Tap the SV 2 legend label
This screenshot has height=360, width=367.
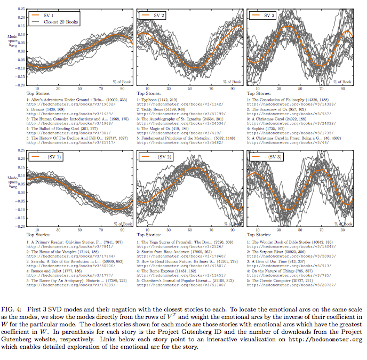tap(159, 15)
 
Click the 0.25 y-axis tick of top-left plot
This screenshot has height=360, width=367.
tap(20, 9)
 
